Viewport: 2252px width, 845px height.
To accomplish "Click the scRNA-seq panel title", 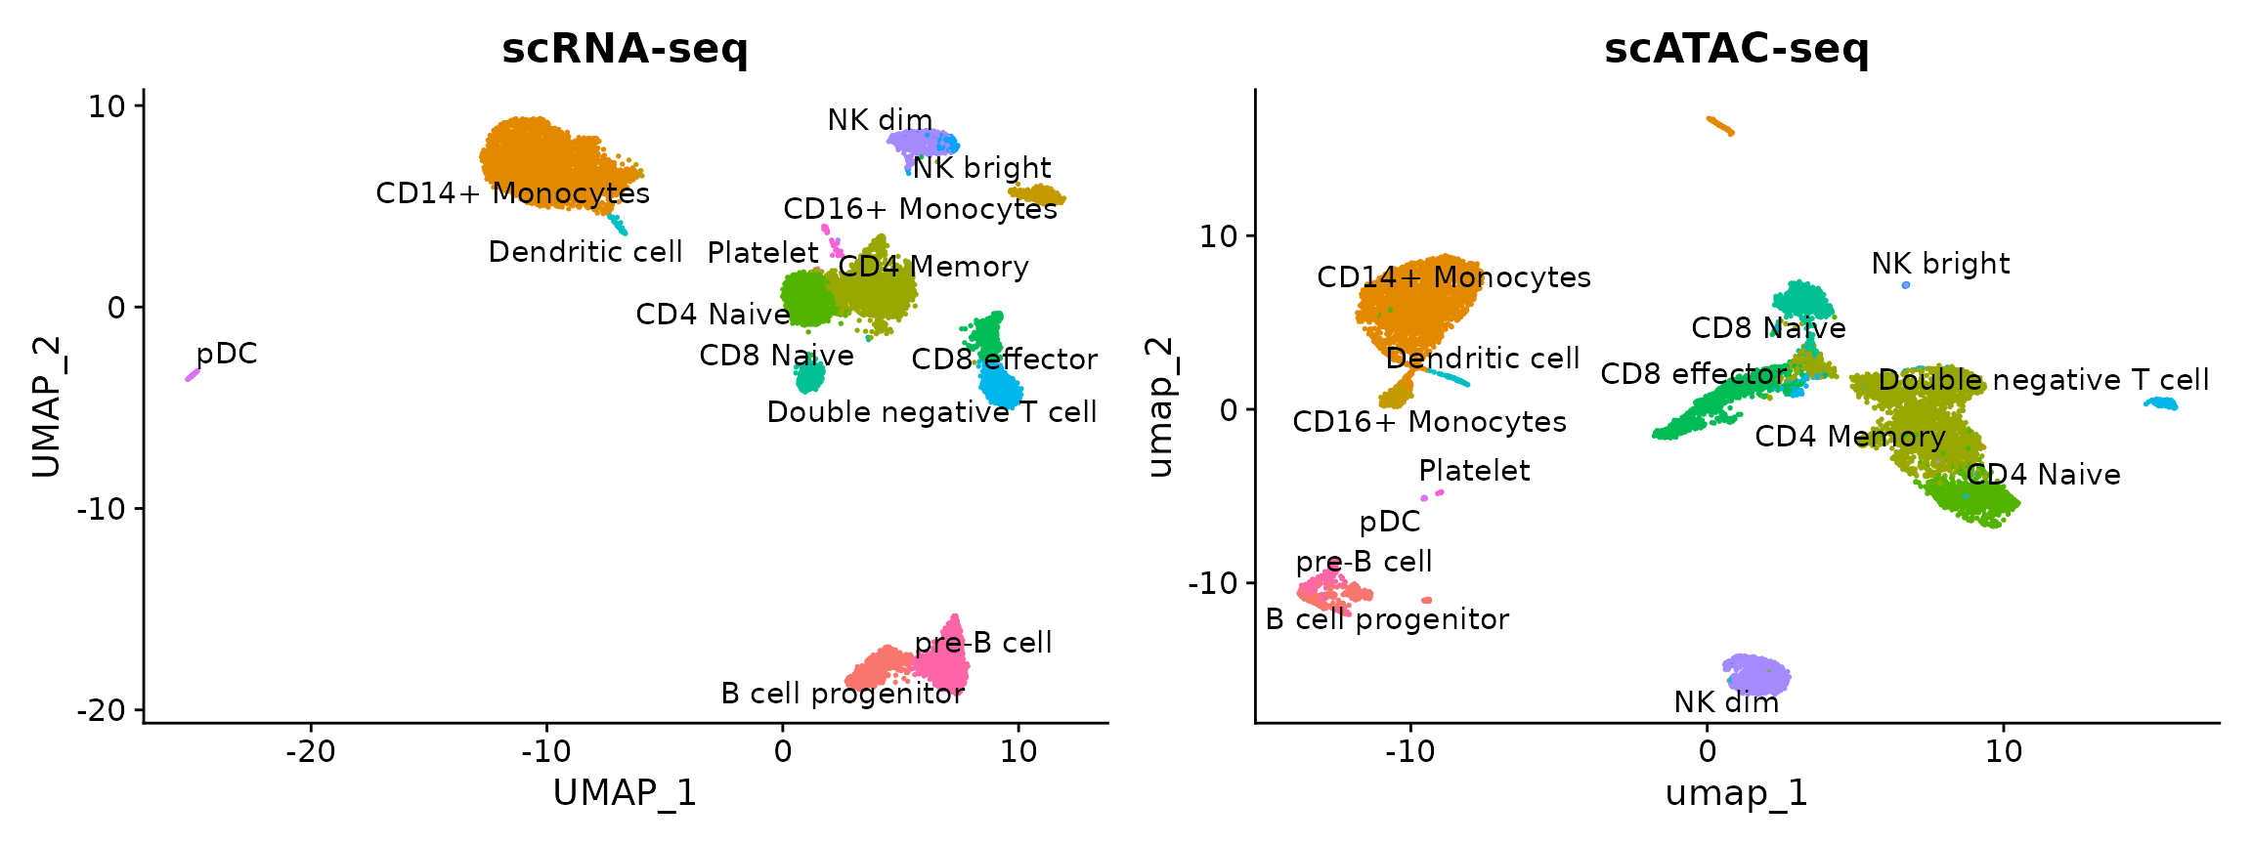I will point(625,49).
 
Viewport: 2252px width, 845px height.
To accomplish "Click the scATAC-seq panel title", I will point(1736,49).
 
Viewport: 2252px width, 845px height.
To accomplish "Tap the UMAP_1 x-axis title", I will point(625,792).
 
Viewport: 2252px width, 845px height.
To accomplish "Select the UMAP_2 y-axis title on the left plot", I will point(46,406).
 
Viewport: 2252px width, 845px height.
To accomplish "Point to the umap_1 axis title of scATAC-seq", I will point(1736,792).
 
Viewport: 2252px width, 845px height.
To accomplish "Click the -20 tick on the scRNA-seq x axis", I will point(311,751).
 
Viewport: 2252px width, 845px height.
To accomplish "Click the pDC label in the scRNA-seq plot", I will point(227,354).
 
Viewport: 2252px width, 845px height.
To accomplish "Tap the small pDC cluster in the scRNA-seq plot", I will point(193,374).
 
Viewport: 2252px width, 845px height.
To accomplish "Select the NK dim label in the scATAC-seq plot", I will point(1726,702).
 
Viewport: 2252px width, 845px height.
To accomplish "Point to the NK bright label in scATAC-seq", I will point(1940,264).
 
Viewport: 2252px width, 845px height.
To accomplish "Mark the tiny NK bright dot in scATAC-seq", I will point(1906,285).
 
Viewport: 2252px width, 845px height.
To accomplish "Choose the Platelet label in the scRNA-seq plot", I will point(762,253).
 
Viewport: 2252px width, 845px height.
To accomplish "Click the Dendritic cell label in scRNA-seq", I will point(585,252).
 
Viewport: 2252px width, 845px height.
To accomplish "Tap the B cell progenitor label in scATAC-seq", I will point(1387,619).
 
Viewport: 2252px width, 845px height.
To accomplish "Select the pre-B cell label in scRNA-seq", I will point(983,643).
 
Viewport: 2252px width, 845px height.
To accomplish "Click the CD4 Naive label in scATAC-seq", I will point(2043,475).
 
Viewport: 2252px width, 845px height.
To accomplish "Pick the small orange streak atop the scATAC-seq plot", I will point(1719,126).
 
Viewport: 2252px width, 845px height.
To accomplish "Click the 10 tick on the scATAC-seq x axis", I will point(2004,751).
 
